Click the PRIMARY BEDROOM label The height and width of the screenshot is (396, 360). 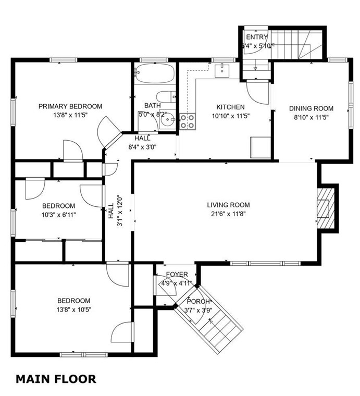[70, 106]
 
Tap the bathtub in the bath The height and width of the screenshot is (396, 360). [155, 73]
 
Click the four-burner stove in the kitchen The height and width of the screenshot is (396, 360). [188, 121]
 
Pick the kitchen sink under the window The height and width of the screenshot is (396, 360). [222, 71]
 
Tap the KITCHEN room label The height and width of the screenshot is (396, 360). [230, 107]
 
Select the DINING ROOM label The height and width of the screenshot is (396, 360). [311, 108]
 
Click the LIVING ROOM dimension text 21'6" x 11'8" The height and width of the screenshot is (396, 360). [228, 214]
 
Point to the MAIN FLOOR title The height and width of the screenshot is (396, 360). [56, 379]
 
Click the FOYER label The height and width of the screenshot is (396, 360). [177, 274]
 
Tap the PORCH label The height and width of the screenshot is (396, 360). [198, 301]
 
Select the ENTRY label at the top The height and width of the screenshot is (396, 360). [257, 37]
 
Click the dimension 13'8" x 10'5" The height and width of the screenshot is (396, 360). [73, 310]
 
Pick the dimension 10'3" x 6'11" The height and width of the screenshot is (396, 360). [58, 215]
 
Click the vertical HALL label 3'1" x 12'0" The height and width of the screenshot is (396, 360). [115, 211]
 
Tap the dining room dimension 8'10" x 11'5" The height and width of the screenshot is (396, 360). [311, 117]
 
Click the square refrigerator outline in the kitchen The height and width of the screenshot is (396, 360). [260, 147]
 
